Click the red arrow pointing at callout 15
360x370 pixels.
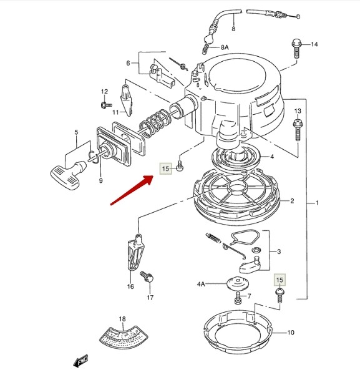pyautogui.click(x=132, y=190)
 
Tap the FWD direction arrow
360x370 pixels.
pyautogui.click(x=81, y=361)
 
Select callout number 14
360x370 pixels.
pyautogui.click(x=314, y=44)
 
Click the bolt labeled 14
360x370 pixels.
pyautogui.click(x=297, y=49)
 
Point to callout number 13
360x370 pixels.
pyautogui.click(x=298, y=111)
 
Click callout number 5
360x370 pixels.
pyautogui.click(x=76, y=132)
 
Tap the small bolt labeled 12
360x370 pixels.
pyautogui.click(x=105, y=104)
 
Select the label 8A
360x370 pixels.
pyautogui.click(x=225, y=47)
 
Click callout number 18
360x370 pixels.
pyautogui.click(x=122, y=319)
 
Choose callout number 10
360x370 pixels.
pyautogui.click(x=291, y=333)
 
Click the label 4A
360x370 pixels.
pyautogui.click(x=201, y=284)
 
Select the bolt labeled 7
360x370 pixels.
pyautogui.click(x=238, y=298)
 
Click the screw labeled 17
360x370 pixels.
pyautogui.click(x=147, y=276)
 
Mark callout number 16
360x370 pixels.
pyautogui.click(x=130, y=286)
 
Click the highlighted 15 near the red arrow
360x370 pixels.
pyautogui.click(x=166, y=168)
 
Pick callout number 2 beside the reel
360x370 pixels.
pyautogui.click(x=292, y=201)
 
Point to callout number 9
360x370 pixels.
pyautogui.click(x=100, y=181)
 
